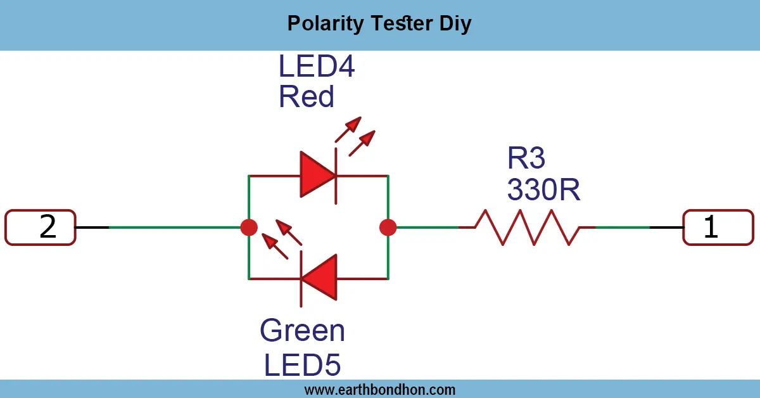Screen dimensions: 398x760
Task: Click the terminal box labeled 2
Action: click(41, 227)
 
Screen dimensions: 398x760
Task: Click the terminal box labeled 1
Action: click(718, 227)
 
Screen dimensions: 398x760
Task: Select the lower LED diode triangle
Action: click(319, 278)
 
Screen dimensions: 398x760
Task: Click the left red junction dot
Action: click(249, 227)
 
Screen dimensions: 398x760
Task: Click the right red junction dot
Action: click(388, 227)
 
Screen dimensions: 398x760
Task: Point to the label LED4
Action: click(317, 67)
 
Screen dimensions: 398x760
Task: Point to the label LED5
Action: click(302, 365)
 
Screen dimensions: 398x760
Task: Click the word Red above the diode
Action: click(307, 96)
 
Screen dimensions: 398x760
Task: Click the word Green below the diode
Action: click(302, 331)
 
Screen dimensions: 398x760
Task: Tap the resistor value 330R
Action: click(543, 189)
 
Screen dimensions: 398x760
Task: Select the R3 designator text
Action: click(526, 158)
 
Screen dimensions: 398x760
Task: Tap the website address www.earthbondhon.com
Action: click(379, 389)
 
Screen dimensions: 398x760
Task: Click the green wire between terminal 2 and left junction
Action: click(171, 227)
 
